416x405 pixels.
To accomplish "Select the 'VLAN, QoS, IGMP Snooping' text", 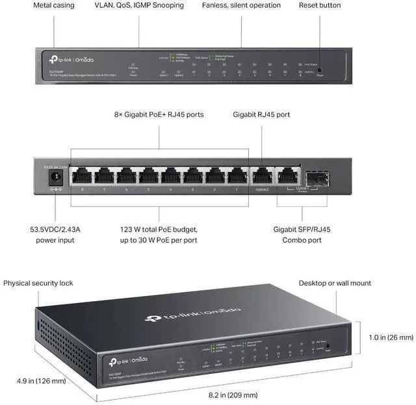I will pos(139,5).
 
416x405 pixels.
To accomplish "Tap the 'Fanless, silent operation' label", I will pos(241,5).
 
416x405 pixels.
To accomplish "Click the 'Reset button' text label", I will pos(319,5).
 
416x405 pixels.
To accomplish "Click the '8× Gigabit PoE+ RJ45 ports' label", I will pos(159,114).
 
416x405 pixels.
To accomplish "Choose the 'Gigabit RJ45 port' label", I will pos(261,114).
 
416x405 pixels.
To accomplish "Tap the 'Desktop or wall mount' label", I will pos(335,283).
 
